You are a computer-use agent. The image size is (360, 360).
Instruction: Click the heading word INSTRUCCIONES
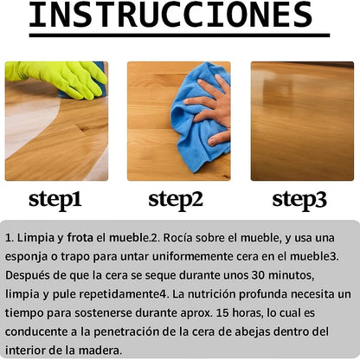click(170, 14)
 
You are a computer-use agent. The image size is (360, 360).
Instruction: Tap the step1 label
click(55, 199)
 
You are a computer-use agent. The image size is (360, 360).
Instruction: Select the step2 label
click(176, 199)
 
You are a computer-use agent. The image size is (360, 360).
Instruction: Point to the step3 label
click(299, 199)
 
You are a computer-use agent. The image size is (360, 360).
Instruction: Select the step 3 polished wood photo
click(302, 121)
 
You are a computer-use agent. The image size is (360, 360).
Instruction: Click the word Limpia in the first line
click(35, 238)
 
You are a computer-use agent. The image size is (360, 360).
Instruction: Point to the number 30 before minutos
click(258, 275)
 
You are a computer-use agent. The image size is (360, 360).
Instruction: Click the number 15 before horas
click(222, 312)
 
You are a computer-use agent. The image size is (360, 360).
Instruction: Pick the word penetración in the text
click(126, 332)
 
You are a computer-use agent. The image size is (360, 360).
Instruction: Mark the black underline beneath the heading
click(179, 35)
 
